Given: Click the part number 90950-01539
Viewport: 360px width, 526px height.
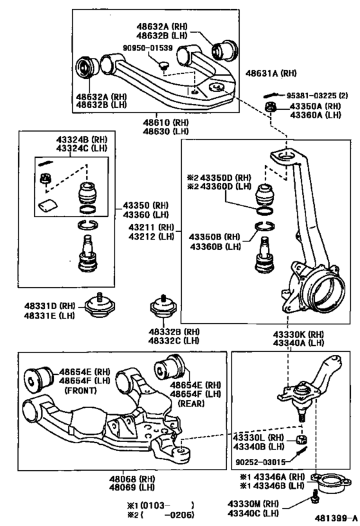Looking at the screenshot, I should [x=148, y=48].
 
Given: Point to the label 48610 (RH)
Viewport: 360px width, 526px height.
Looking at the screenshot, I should [x=166, y=121].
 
